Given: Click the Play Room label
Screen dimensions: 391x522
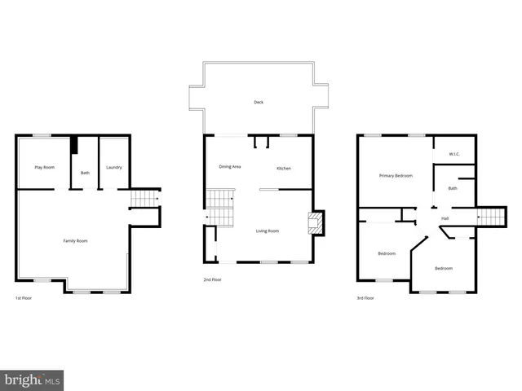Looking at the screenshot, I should coord(44,167).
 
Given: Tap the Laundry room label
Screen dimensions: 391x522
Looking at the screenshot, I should coord(114,167).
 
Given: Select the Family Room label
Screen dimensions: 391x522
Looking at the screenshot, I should coord(76,240).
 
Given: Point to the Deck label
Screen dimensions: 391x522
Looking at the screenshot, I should coord(259,102).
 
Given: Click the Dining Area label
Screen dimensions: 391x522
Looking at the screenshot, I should coord(229,167).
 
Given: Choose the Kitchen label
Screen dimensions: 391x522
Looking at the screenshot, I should coord(284,168).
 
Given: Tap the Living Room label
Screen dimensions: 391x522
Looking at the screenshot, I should coord(268,231).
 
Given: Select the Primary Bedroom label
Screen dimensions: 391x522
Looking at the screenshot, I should coord(396,175).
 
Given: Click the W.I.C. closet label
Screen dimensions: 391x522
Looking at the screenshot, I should coord(453,153).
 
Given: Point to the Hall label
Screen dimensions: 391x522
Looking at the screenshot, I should coord(445,218).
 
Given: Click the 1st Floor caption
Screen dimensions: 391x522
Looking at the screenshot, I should coord(24,298).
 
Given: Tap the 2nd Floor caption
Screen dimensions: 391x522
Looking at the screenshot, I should coord(212,279).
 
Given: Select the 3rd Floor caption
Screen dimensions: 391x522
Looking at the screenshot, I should coord(365,298).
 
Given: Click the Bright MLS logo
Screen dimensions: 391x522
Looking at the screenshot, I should coord(32,380).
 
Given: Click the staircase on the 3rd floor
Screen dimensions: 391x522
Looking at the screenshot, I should coord(487,217).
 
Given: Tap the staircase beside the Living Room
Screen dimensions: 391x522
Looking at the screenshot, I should coord(219,208).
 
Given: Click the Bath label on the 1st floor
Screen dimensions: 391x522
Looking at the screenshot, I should coord(85,172).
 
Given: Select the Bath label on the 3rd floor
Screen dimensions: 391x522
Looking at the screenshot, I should coord(453,189).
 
